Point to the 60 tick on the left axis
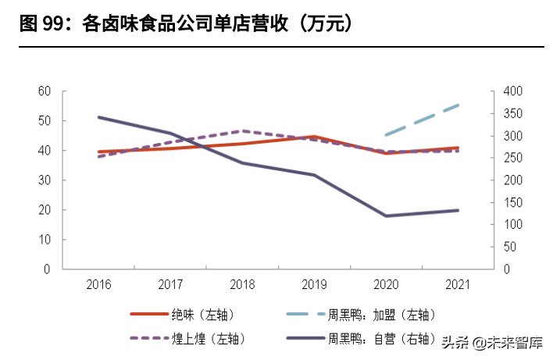point(45,91)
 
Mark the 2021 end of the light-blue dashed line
point(458,105)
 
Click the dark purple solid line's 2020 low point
point(386,216)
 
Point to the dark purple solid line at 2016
point(98,117)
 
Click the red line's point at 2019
point(314,137)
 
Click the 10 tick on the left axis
point(45,240)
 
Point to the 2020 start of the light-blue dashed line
point(386,135)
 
